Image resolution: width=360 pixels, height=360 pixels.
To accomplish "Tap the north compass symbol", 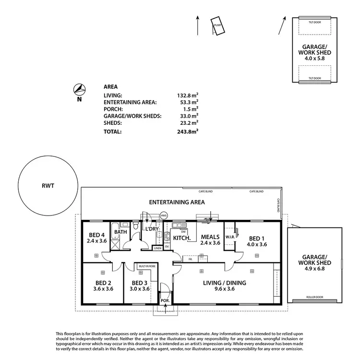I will coord(79,89).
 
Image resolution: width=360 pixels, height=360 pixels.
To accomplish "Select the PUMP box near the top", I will coord(217,25).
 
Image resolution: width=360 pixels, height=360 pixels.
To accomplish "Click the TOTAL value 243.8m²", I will coord(188,131).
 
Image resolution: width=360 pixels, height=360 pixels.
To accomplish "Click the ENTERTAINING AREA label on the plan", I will coord(177,202).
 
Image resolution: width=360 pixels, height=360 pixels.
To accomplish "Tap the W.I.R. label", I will coord(230,236).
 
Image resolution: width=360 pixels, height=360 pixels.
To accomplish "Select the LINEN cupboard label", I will coord(157,248).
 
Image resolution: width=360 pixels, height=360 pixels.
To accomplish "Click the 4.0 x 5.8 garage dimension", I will coord(314,58).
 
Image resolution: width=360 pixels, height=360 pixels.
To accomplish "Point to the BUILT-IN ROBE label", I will coord(146,265).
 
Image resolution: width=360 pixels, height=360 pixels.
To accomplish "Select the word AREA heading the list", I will coord(110,87).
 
